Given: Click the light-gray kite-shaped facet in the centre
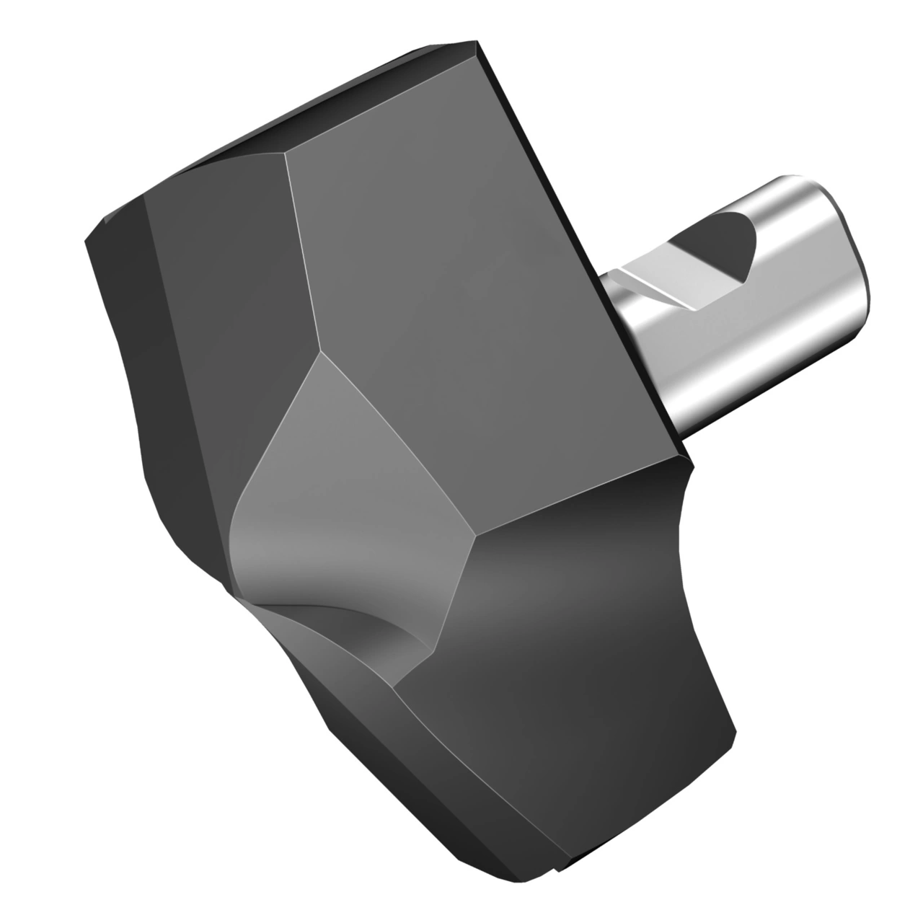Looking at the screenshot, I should point(346,490).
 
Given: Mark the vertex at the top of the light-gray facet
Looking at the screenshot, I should point(320,353).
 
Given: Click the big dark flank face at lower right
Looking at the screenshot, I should point(577,649).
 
